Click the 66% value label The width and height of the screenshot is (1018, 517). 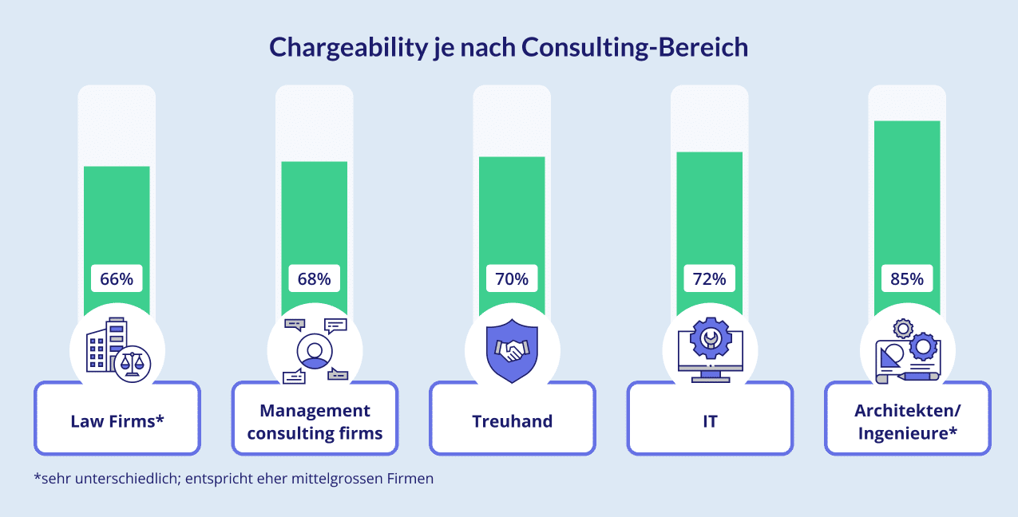click(x=117, y=279)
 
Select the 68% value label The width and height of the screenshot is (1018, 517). click(x=314, y=279)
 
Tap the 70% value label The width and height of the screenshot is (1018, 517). click(x=512, y=279)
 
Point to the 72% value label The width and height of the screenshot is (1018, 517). click(x=709, y=279)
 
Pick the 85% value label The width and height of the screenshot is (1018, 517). click(x=907, y=279)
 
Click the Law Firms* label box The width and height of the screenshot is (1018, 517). click(x=117, y=421)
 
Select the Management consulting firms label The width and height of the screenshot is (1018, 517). click(x=315, y=421)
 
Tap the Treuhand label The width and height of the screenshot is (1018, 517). click(x=512, y=421)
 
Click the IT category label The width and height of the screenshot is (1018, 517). click(x=710, y=421)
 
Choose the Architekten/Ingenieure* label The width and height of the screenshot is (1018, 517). click(x=908, y=421)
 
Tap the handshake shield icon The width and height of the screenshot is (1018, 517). click(x=512, y=350)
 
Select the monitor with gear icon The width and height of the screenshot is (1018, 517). click(x=710, y=349)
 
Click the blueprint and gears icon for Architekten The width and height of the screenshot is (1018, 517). click(x=908, y=350)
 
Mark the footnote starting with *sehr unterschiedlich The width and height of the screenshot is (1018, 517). click(x=233, y=480)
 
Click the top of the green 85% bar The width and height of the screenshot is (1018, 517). click(x=907, y=123)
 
